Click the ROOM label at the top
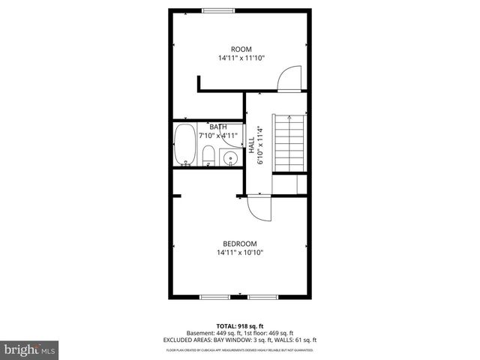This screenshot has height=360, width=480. [240, 49]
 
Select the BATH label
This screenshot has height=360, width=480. [218, 127]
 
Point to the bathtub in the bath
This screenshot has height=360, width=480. [184, 145]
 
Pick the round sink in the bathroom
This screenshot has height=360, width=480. [232, 158]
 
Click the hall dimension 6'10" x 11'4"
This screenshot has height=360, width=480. [261, 145]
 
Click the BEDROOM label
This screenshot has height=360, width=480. [240, 243]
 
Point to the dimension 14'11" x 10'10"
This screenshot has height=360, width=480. [240, 253]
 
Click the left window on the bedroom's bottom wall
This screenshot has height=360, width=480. [215, 298]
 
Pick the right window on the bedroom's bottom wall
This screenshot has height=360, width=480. [263, 298]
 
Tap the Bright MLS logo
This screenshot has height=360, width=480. [30, 349]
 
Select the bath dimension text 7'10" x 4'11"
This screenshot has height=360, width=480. [218, 136]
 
